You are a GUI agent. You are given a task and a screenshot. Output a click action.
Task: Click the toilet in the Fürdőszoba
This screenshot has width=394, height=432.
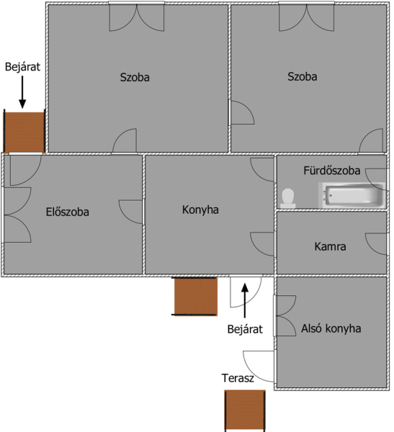[288, 199]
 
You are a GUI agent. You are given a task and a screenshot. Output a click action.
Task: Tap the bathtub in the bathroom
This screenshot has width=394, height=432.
[352, 195]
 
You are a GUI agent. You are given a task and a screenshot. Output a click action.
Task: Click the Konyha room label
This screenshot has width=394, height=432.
[200, 210]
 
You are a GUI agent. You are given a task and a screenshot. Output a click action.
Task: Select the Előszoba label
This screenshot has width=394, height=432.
[67, 212]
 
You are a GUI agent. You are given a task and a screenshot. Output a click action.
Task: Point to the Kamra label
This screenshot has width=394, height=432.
[330, 246]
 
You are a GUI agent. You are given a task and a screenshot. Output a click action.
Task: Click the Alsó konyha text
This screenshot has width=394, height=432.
[331, 328]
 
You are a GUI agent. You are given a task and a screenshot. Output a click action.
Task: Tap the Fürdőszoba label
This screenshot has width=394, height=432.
[331, 171]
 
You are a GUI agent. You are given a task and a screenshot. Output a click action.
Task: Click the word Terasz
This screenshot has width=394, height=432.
[238, 378]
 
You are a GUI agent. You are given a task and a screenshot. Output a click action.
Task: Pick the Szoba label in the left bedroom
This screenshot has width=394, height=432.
[135, 77]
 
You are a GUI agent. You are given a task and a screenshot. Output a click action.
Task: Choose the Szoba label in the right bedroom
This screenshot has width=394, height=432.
[303, 76]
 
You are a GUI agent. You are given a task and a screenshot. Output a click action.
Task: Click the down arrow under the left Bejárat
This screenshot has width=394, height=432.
[22, 92]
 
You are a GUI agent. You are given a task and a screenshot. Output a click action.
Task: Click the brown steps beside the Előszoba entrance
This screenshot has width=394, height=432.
[24, 132]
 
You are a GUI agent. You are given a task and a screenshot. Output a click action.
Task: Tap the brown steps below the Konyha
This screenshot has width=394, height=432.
[195, 297]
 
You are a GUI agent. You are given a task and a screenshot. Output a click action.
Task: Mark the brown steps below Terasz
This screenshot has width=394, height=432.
[245, 410]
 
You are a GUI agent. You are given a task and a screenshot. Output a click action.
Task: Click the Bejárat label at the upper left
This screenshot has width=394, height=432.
[22, 67]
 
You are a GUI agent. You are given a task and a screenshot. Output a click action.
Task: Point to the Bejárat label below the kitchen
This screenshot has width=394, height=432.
[245, 329]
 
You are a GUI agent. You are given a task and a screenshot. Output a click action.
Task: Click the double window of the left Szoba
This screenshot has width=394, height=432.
[136, 17]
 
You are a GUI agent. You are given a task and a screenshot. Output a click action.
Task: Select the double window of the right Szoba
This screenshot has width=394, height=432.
[306, 17]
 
